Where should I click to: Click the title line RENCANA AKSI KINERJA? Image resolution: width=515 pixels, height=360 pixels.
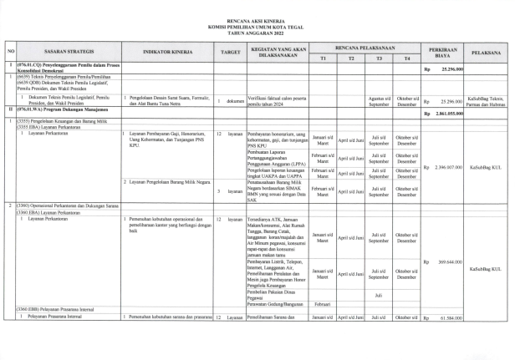pos(257,18)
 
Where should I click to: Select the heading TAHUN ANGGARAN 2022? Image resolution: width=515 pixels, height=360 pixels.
pos(257,31)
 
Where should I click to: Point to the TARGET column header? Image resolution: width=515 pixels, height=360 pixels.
pos(231,52)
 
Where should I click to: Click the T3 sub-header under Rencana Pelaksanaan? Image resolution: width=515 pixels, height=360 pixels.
pos(380,58)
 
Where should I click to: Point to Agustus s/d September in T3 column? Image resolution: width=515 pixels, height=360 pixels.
pos(380,100)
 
